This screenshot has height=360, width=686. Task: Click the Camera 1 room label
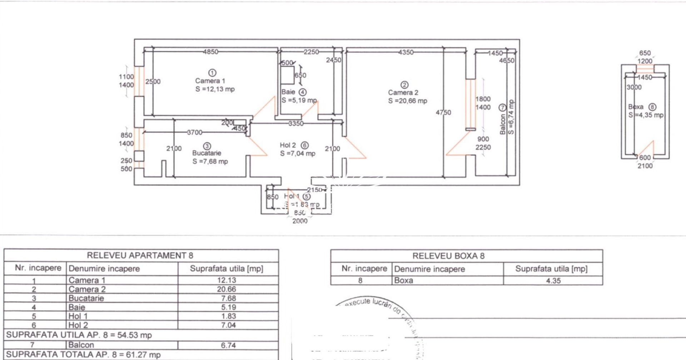210,81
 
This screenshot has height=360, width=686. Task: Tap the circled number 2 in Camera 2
404,85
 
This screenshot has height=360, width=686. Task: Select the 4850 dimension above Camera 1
210,52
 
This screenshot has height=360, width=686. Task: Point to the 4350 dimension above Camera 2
406,52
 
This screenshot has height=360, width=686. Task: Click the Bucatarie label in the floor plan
207,153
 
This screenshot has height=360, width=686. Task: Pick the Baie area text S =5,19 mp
299,100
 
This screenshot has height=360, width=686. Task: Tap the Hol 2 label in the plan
288,145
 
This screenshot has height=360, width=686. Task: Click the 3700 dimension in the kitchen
195,133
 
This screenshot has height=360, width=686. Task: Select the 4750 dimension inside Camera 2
443,112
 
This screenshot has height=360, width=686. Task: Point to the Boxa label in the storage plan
636,107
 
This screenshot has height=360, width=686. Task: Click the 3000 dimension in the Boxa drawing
634,87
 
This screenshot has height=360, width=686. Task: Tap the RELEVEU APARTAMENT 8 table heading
140,255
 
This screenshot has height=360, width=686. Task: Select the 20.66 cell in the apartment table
228,289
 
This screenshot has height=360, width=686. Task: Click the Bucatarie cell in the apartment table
86,298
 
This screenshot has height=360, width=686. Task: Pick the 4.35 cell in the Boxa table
553,281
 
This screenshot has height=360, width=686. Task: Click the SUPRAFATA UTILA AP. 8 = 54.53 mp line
79,335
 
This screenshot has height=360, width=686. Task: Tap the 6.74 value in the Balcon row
228,345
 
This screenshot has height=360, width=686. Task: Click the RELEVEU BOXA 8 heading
448,256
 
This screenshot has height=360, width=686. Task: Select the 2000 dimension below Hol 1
300,221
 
